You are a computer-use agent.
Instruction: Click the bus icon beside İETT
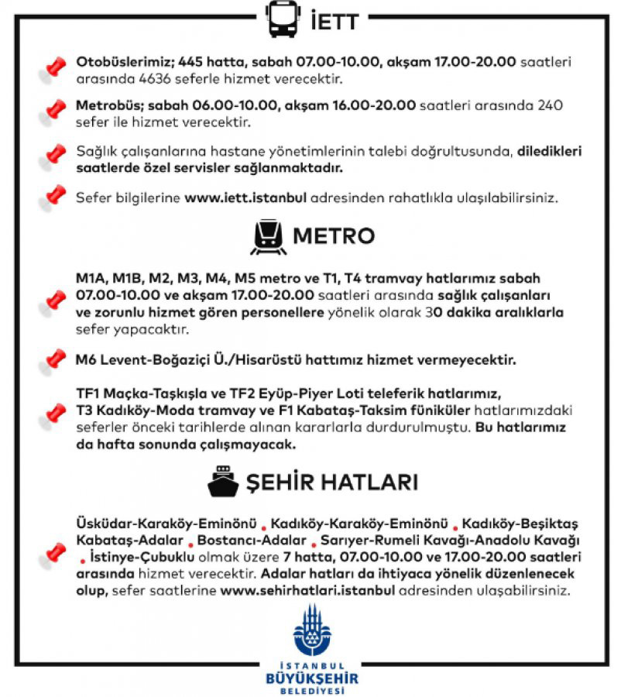[x=283, y=19]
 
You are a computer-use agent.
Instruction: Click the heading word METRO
[x=335, y=236]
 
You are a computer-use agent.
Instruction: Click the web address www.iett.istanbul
[x=245, y=197]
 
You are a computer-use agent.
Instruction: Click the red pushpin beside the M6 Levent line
[x=53, y=359]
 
